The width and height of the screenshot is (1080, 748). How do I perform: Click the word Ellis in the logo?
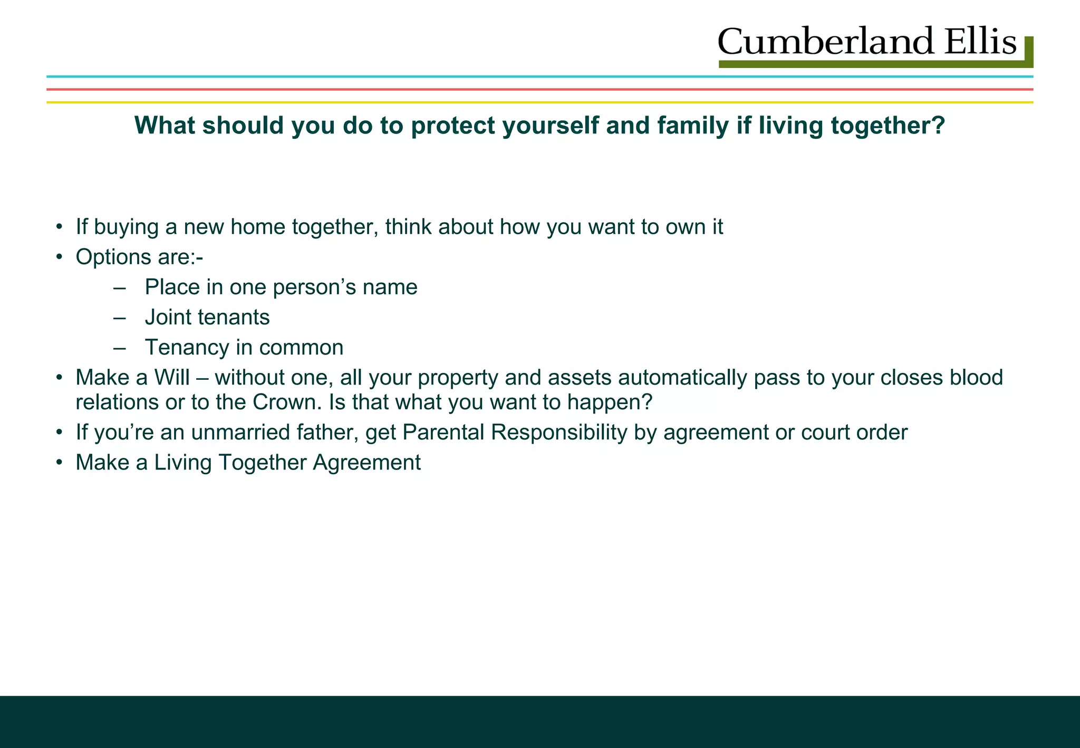(x=980, y=42)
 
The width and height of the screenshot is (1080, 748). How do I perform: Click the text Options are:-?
(x=139, y=257)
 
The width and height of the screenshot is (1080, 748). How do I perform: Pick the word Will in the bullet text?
(x=171, y=378)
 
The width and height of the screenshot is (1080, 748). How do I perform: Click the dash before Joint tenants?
(x=120, y=318)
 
